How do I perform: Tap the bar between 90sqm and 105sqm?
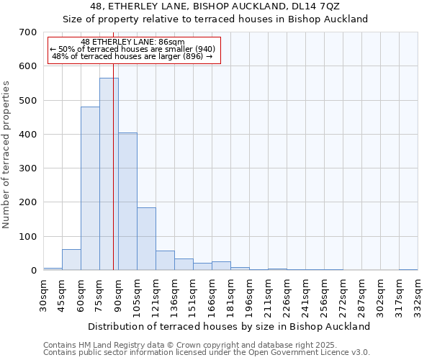click(127, 202)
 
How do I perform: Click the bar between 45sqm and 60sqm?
click(71, 260)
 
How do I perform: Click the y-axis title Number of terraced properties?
click(7, 155)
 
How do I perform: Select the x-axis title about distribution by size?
click(230, 326)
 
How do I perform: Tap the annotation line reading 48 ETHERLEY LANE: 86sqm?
click(132, 42)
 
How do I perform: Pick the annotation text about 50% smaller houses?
click(132, 49)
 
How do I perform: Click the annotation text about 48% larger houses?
click(132, 56)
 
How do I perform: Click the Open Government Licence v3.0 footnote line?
click(206, 353)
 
